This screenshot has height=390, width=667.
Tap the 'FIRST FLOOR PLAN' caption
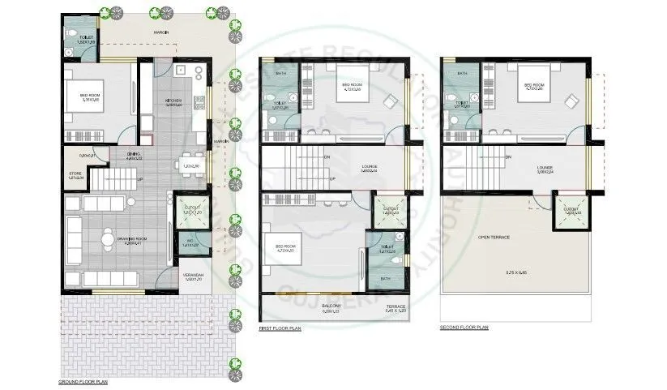[280, 328]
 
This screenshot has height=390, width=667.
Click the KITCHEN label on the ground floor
[174, 101]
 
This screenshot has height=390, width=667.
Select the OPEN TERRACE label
[494, 236]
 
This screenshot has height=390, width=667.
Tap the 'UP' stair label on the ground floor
[140, 179]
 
